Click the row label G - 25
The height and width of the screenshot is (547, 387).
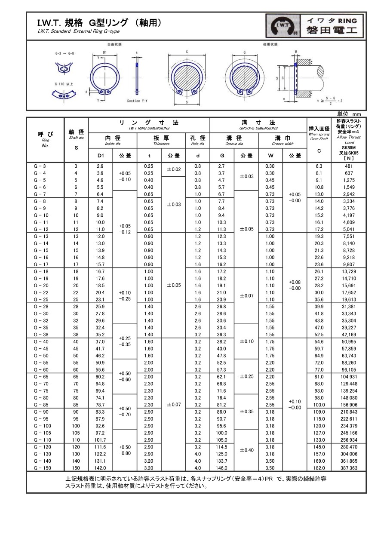(x=40, y=300)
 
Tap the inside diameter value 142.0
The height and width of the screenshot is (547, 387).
(x=100, y=467)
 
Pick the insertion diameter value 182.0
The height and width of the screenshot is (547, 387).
(x=319, y=467)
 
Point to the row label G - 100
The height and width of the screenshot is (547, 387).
(x=42, y=426)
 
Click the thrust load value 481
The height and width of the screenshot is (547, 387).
(x=349, y=166)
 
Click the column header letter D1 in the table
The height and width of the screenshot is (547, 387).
(x=100, y=155)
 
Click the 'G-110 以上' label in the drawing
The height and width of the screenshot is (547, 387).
(x=64, y=84)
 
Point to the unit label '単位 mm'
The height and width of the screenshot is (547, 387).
(x=349, y=114)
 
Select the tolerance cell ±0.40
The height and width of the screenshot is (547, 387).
(x=246, y=450)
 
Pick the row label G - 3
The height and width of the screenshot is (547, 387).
(x=40, y=166)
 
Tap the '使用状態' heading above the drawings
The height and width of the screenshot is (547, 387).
(x=270, y=44)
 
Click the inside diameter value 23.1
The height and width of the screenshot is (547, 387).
(x=100, y=300)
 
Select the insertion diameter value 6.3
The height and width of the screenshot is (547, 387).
(x=319, y=166)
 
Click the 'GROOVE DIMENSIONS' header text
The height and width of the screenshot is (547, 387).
(x=258, y=128)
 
